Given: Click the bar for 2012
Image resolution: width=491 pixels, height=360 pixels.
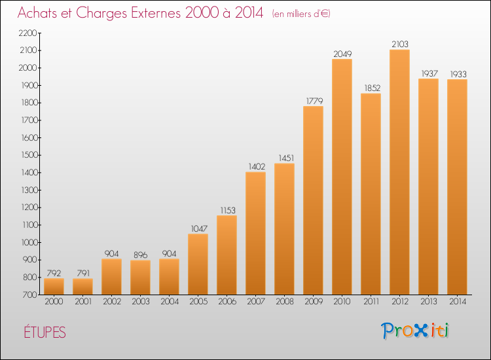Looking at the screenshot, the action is point(399,172).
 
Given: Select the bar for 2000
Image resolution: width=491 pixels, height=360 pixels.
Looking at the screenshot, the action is point(54,287).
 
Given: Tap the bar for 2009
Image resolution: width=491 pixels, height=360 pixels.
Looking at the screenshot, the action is point(313,200).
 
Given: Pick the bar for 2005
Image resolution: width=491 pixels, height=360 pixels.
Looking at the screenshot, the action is point(198,264).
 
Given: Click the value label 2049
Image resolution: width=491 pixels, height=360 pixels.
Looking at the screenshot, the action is point(342,54).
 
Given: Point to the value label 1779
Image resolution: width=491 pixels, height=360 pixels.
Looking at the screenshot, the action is point(314,101).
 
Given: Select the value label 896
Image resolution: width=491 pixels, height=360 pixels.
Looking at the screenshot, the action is point(140,255).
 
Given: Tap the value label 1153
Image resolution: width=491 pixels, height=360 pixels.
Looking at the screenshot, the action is point(228,210).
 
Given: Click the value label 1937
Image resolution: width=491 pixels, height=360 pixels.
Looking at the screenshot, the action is point(429,73).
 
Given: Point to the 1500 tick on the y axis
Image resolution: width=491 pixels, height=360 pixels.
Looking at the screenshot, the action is point(29,155).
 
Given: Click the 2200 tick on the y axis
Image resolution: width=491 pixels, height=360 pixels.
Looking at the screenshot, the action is point(28,33).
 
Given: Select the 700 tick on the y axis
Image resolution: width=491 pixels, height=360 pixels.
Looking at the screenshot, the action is point(30,295).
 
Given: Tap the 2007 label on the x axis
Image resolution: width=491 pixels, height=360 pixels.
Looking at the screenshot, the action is point(256,302).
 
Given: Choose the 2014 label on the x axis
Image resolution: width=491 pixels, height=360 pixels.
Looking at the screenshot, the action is point(458,302).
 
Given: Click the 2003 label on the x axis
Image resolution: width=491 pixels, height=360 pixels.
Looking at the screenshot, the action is point(141,302).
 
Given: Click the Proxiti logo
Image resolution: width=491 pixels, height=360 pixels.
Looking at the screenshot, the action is point(415,331).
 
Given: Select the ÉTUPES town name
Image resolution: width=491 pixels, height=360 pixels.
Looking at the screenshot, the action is point(45,333).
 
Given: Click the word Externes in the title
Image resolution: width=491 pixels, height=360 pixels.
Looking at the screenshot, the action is point(156,12).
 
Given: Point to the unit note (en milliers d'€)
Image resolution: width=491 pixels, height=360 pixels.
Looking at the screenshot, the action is point(301,14).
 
